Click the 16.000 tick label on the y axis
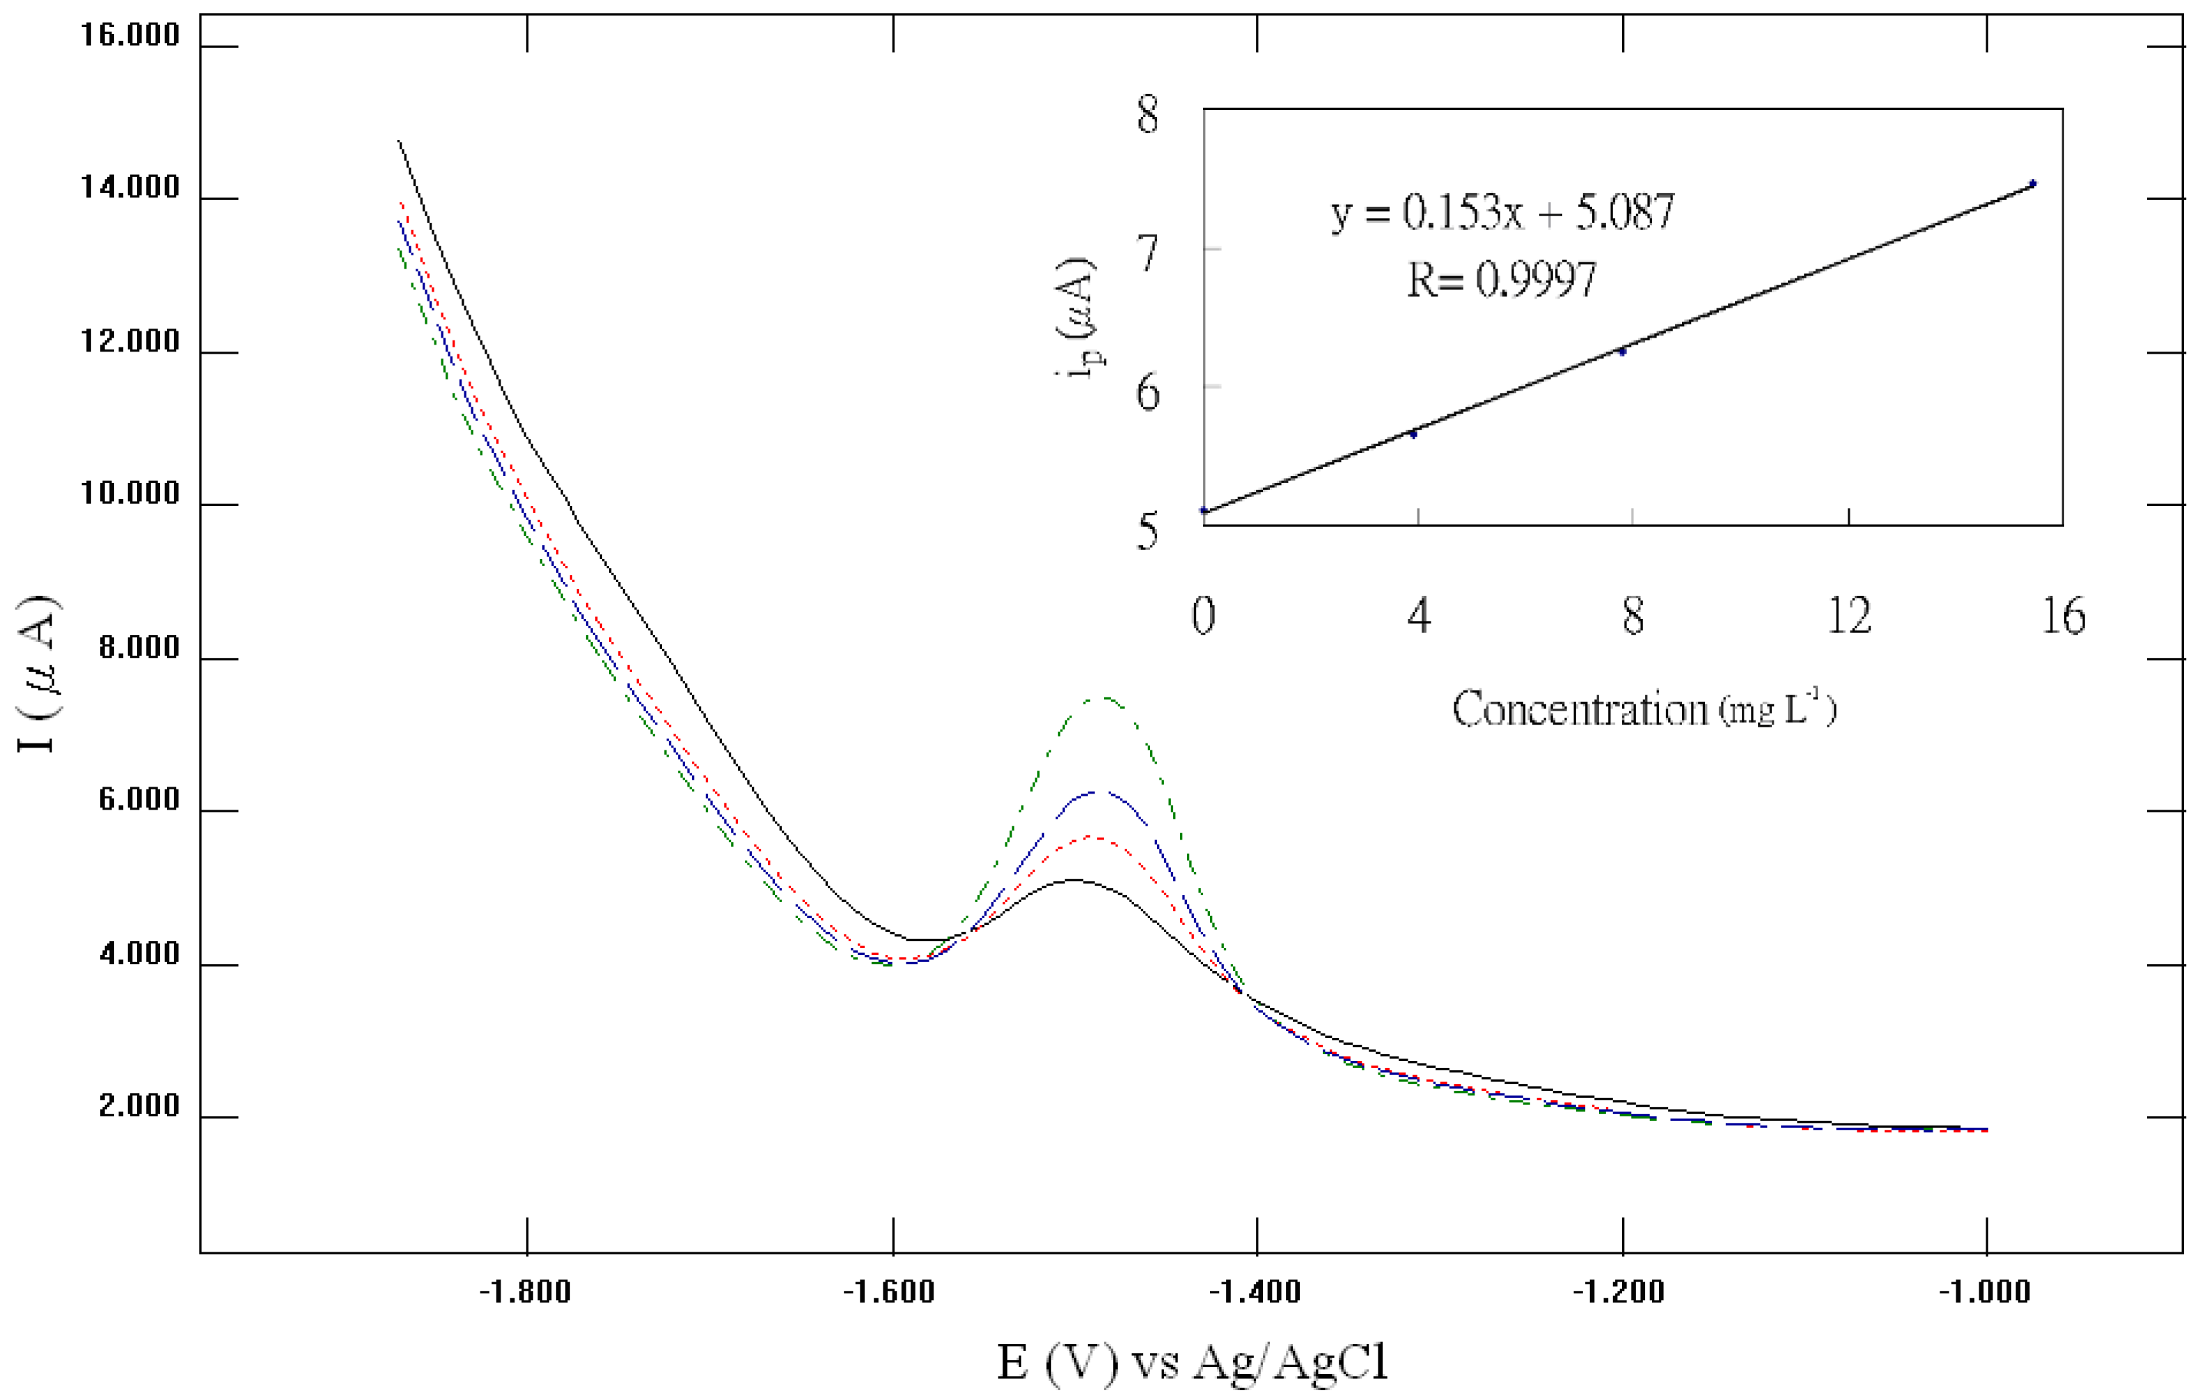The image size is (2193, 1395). point(130,36)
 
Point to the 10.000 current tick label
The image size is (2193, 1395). point(130,494)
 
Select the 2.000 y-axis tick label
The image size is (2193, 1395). point(139,1105)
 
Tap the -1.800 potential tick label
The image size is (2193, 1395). point(526,1292)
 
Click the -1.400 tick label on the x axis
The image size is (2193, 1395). point(1256,1292)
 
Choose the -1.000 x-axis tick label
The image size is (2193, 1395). point(1986,1292)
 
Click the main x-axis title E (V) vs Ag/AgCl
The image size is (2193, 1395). point(1192,1362)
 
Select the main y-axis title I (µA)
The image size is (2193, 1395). point(39,674)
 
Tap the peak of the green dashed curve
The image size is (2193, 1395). point(1103,697)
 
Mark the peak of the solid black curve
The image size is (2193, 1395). point(1075,880)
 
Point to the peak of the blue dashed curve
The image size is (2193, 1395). point(1097,791)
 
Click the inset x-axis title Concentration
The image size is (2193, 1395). point(1644,709)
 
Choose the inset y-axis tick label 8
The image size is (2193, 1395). point(1147,116)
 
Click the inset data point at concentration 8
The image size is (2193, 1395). point(1622,352)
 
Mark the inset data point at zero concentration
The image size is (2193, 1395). point(1204,511)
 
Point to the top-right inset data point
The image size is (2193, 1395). point(2033,184)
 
